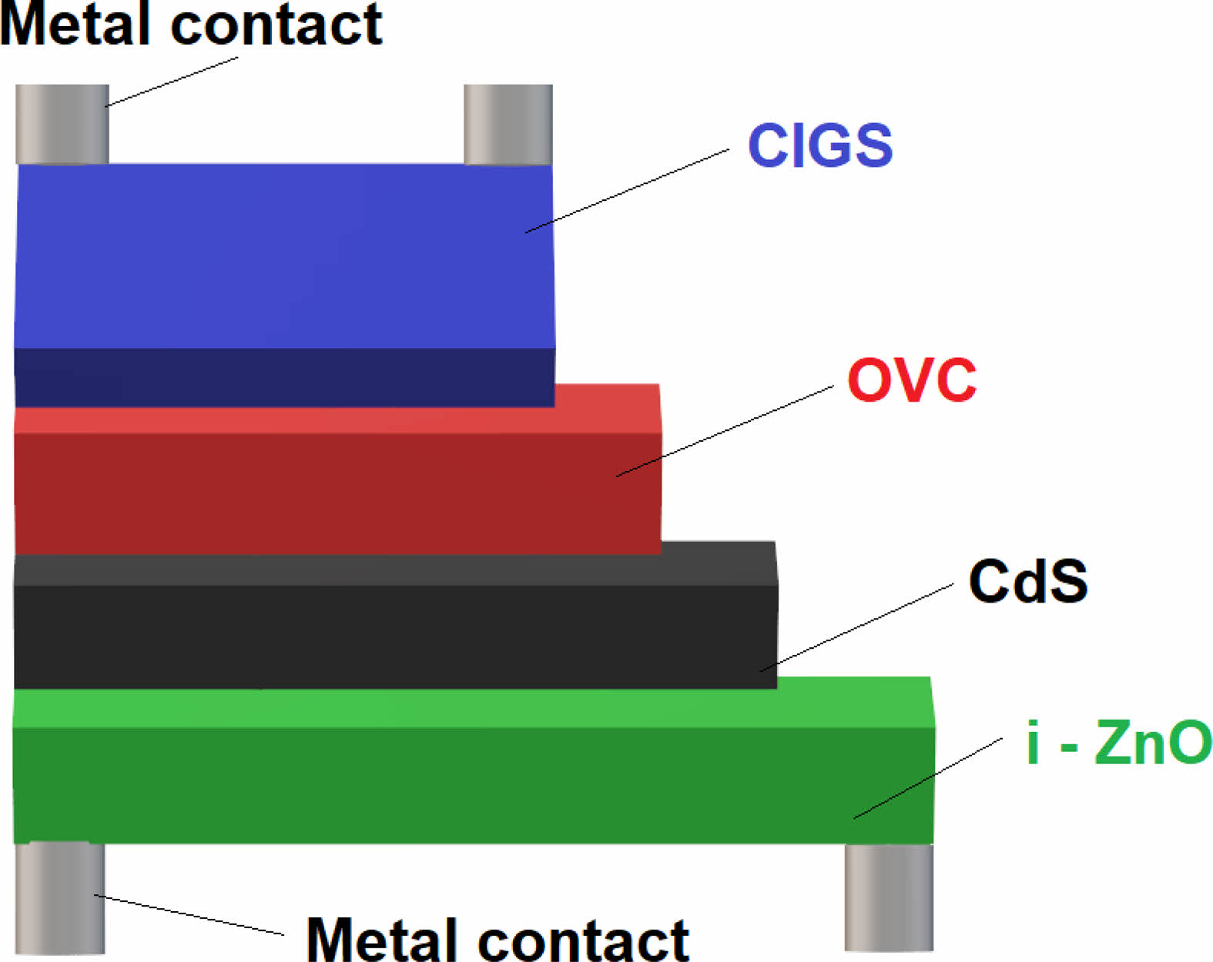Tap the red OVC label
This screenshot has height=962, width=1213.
click(911, 379)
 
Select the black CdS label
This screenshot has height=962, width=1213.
click(1027, 581)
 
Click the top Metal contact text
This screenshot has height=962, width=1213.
click(191, 25)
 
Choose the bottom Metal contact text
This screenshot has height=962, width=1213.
click(498, 939)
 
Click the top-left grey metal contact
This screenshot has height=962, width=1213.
click(62, 124)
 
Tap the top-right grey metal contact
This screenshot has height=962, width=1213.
click(508, 124)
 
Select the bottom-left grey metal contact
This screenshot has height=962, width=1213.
click(60, 898)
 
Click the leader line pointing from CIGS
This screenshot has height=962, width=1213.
click(628, 191)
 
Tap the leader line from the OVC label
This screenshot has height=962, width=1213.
click(724, 431)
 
